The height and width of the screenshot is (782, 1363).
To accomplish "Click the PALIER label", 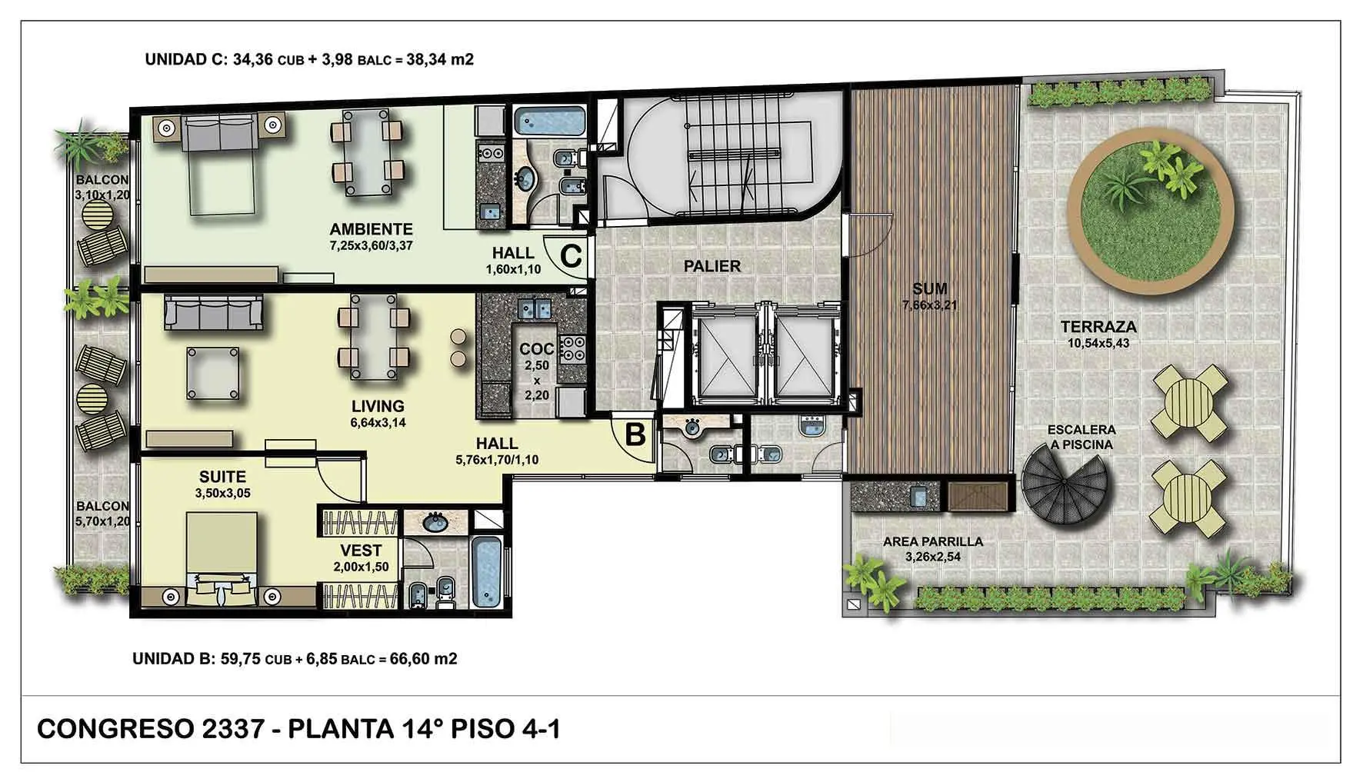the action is click(x=712, y=266).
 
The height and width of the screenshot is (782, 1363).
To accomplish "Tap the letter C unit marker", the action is click(x=571, y=255).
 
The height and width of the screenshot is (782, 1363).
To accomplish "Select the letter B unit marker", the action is click(x=635, y=434).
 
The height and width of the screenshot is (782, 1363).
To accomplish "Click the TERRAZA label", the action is click(x=1098, y=328).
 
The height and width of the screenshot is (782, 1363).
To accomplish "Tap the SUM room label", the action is click(x=929, y=289).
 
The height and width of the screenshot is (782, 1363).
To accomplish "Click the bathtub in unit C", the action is click(x=548, y=121).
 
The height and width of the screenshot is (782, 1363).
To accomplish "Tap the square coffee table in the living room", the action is click(x=212, y=374).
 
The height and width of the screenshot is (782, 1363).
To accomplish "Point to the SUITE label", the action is click(x=222, y=477).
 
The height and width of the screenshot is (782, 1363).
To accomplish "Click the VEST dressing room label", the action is click(x=361, y=551).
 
